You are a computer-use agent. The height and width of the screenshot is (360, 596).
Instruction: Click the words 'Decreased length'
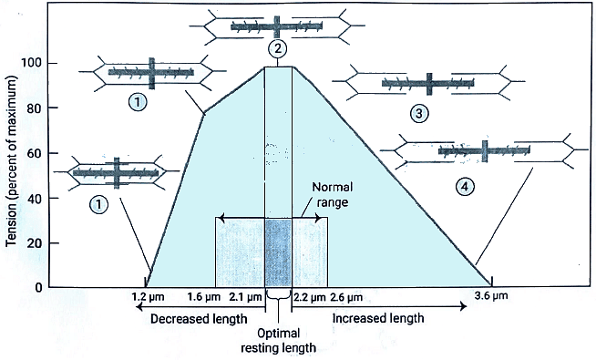(x=198, y=318)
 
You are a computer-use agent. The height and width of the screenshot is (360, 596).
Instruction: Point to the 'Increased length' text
(x=377, y=318)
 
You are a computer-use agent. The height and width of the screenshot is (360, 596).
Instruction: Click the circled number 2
(x=279, y=49)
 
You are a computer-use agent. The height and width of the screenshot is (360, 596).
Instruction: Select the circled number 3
(x=418, y=114)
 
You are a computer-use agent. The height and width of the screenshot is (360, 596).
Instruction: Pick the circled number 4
(x=466, y=186)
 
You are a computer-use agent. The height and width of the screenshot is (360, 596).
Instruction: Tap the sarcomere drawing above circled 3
(x=428, y=85)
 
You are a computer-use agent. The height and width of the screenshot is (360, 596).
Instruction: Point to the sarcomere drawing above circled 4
(x=483, y=149)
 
